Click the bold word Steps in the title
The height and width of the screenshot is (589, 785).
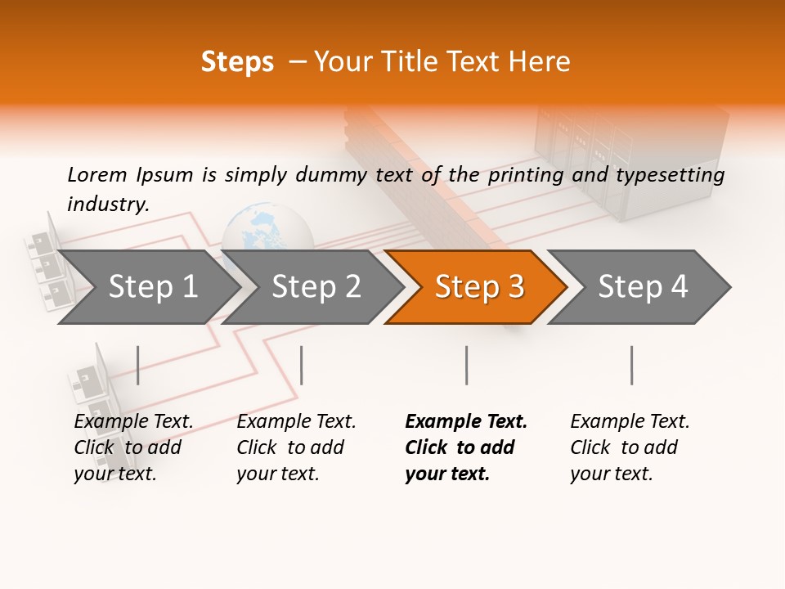click(x=237, y=62)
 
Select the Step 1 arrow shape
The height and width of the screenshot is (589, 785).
click(x=147, y=287)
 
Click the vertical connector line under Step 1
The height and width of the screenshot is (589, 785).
click(x=138, y=365)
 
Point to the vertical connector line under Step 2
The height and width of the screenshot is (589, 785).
click(x=302, y=365)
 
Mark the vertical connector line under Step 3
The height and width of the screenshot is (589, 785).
click(x=466, y=365)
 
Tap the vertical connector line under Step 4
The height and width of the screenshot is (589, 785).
click(x=631, y=365)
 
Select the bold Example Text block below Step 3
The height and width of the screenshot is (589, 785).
click(x=466, y=447)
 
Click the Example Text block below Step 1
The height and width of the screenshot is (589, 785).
click(x=133, y=447)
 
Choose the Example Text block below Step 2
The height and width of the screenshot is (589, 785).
click(x=296, y=447)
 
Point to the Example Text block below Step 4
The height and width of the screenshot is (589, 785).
click(x=630, y=447)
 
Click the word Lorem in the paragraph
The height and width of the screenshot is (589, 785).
click(x=97, y=174)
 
